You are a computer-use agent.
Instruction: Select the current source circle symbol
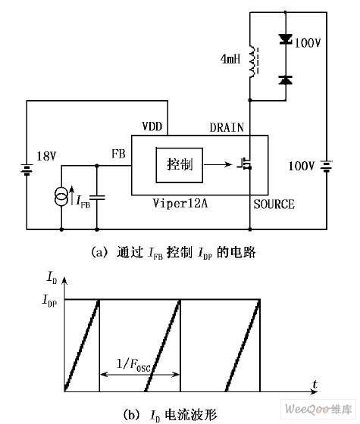click(61, 198)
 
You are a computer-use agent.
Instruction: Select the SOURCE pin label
click(274, 204)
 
